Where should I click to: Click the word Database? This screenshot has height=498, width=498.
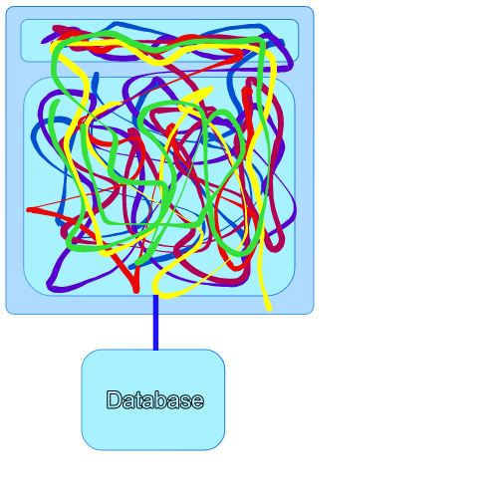[x=154, y=399]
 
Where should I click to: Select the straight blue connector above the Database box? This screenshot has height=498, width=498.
[x=155, y=322]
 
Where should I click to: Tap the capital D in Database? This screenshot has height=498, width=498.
[x=114, y=399]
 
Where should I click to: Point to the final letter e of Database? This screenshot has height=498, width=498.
[x=198, y=401]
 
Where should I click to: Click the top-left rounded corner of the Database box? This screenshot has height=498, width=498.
[x=87, y=355]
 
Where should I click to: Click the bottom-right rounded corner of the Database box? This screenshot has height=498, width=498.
[x=219, y=445]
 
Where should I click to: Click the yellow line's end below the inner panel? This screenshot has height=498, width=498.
[x=270, y=309]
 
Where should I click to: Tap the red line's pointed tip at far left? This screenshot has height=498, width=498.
[x=28, y=210]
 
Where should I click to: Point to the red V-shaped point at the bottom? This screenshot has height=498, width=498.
[x=136, y=291]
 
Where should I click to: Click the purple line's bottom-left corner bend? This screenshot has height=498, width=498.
[x=49, y=285]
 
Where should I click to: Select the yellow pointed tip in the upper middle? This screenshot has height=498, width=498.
[x=211, y=89]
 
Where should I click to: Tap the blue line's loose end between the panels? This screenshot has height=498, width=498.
[x=97, y=74]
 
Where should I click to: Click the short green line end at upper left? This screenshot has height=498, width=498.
[x=58, y=101]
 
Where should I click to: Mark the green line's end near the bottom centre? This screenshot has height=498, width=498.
[x=136, y=264]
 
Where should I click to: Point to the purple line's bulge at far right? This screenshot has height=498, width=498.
[x=294, y=209]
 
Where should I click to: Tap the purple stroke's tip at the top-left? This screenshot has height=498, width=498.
[x=43, y=42]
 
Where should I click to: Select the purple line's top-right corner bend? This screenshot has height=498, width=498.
[x=290, y=67]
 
